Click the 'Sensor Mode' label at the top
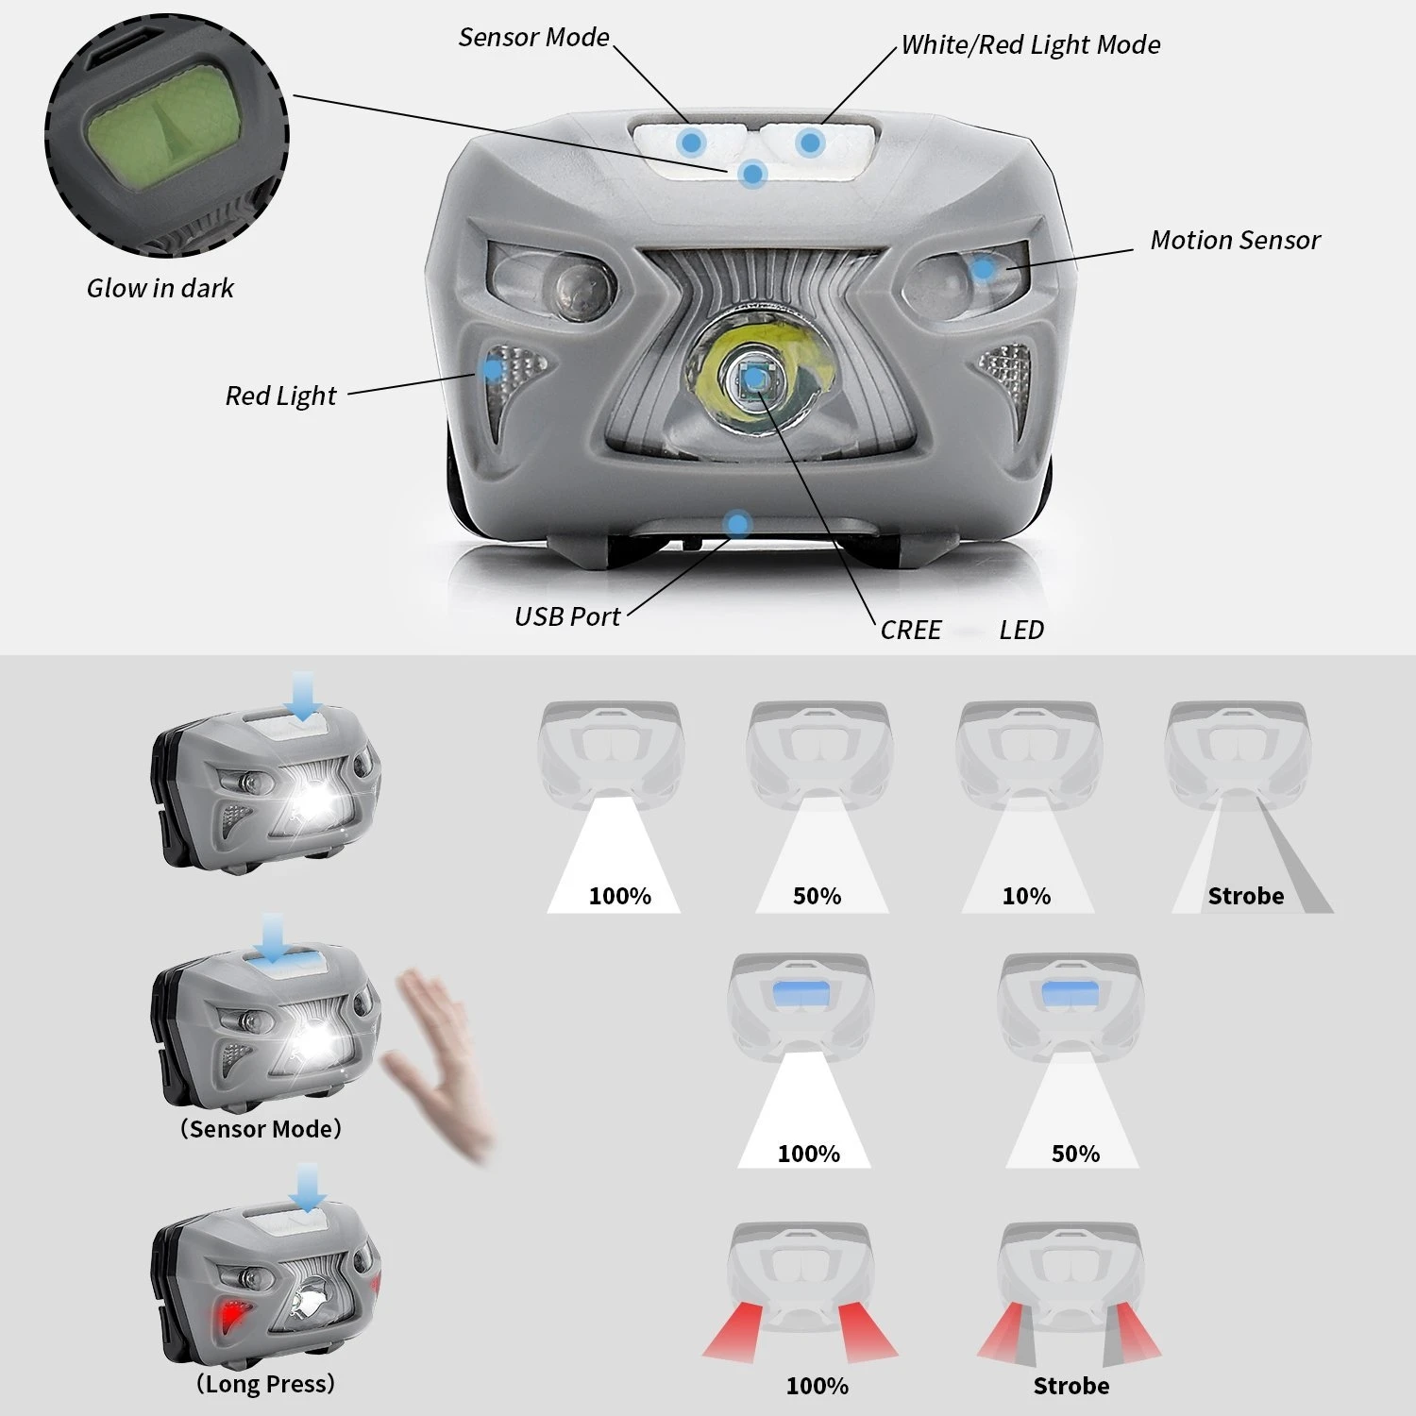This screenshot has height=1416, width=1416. coord(533,38)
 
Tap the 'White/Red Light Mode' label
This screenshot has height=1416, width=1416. coord(1030,45)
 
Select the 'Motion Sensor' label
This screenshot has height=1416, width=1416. coord(1234,241)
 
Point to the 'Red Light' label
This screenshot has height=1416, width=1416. coord(280,396)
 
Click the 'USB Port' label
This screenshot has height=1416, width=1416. coord(566,617)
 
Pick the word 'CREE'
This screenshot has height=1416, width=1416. coord(910,631)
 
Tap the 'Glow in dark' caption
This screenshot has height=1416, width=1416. coord(160,289)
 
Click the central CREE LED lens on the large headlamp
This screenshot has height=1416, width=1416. coord(754,378)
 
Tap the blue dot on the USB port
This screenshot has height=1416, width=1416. coord(737,524)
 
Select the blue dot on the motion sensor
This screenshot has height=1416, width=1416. coord(983,269)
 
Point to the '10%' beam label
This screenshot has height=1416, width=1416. coord(1026,896)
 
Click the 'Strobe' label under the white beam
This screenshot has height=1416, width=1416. coord(1245,896)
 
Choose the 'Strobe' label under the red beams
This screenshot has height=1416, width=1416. coord(1070,1386)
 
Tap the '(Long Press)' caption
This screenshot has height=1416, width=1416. coord(265,1384)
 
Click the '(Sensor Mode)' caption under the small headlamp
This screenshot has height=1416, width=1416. coord(261,1129)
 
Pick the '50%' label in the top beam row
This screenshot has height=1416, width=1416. coord(817,896)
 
